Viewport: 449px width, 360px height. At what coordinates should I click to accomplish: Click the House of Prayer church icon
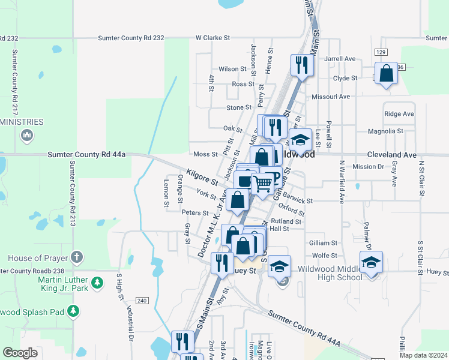pyautogui.click(x=76, y=258)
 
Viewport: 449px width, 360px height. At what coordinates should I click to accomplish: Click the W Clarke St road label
pyautogui.click(x=212, y=38)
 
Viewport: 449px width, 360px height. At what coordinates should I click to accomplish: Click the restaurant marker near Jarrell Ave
pyautogui.click(x=301, y=65)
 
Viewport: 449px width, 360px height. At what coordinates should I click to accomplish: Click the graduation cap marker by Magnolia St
pyautogui.click(x=300, y=140)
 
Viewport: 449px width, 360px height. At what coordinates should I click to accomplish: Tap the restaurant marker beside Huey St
pyautogui.click(x=222, y=263)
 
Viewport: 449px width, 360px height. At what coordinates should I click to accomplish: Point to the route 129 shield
pyautogui.click(x=381, y=53)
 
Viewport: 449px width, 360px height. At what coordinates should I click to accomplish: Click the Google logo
pyautogui.click(x=20, y=353)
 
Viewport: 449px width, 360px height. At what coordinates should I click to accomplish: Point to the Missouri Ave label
pyautogui.click(x=331, y=97)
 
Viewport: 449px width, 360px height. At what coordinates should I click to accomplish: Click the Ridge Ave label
pyautogui.click(x=399, y=114)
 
